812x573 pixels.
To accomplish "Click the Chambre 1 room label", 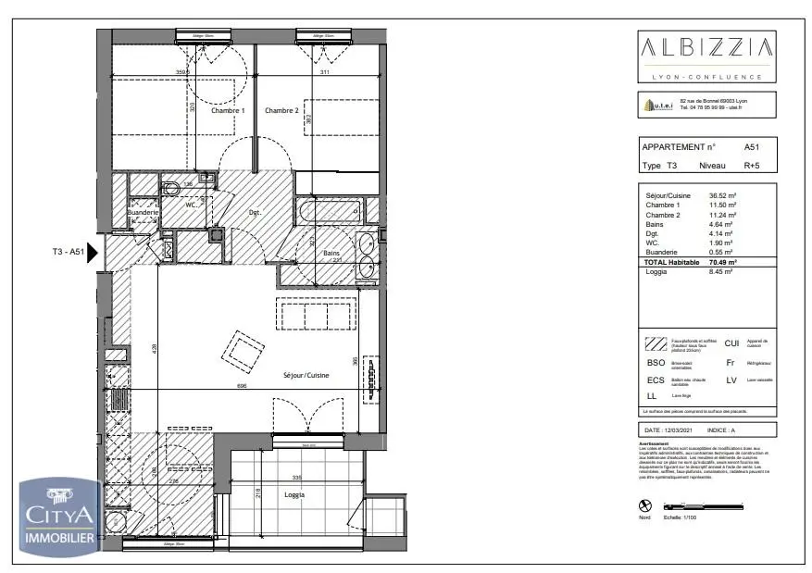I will click(228, 110).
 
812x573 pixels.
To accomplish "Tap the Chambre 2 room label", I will click(281, 110).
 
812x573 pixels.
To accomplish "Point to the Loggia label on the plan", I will click(295, 495).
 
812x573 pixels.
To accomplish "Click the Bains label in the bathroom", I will click(331, 254).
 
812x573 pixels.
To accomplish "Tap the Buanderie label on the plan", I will click(144, 212).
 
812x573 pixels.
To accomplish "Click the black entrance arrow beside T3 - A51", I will click(93, 252).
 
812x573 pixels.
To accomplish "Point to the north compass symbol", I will click(646, 505).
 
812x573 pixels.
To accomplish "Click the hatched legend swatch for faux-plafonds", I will click(656, 344).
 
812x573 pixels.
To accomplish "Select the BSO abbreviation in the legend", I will click(656, 363).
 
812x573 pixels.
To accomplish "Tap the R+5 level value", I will click(754, 167).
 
